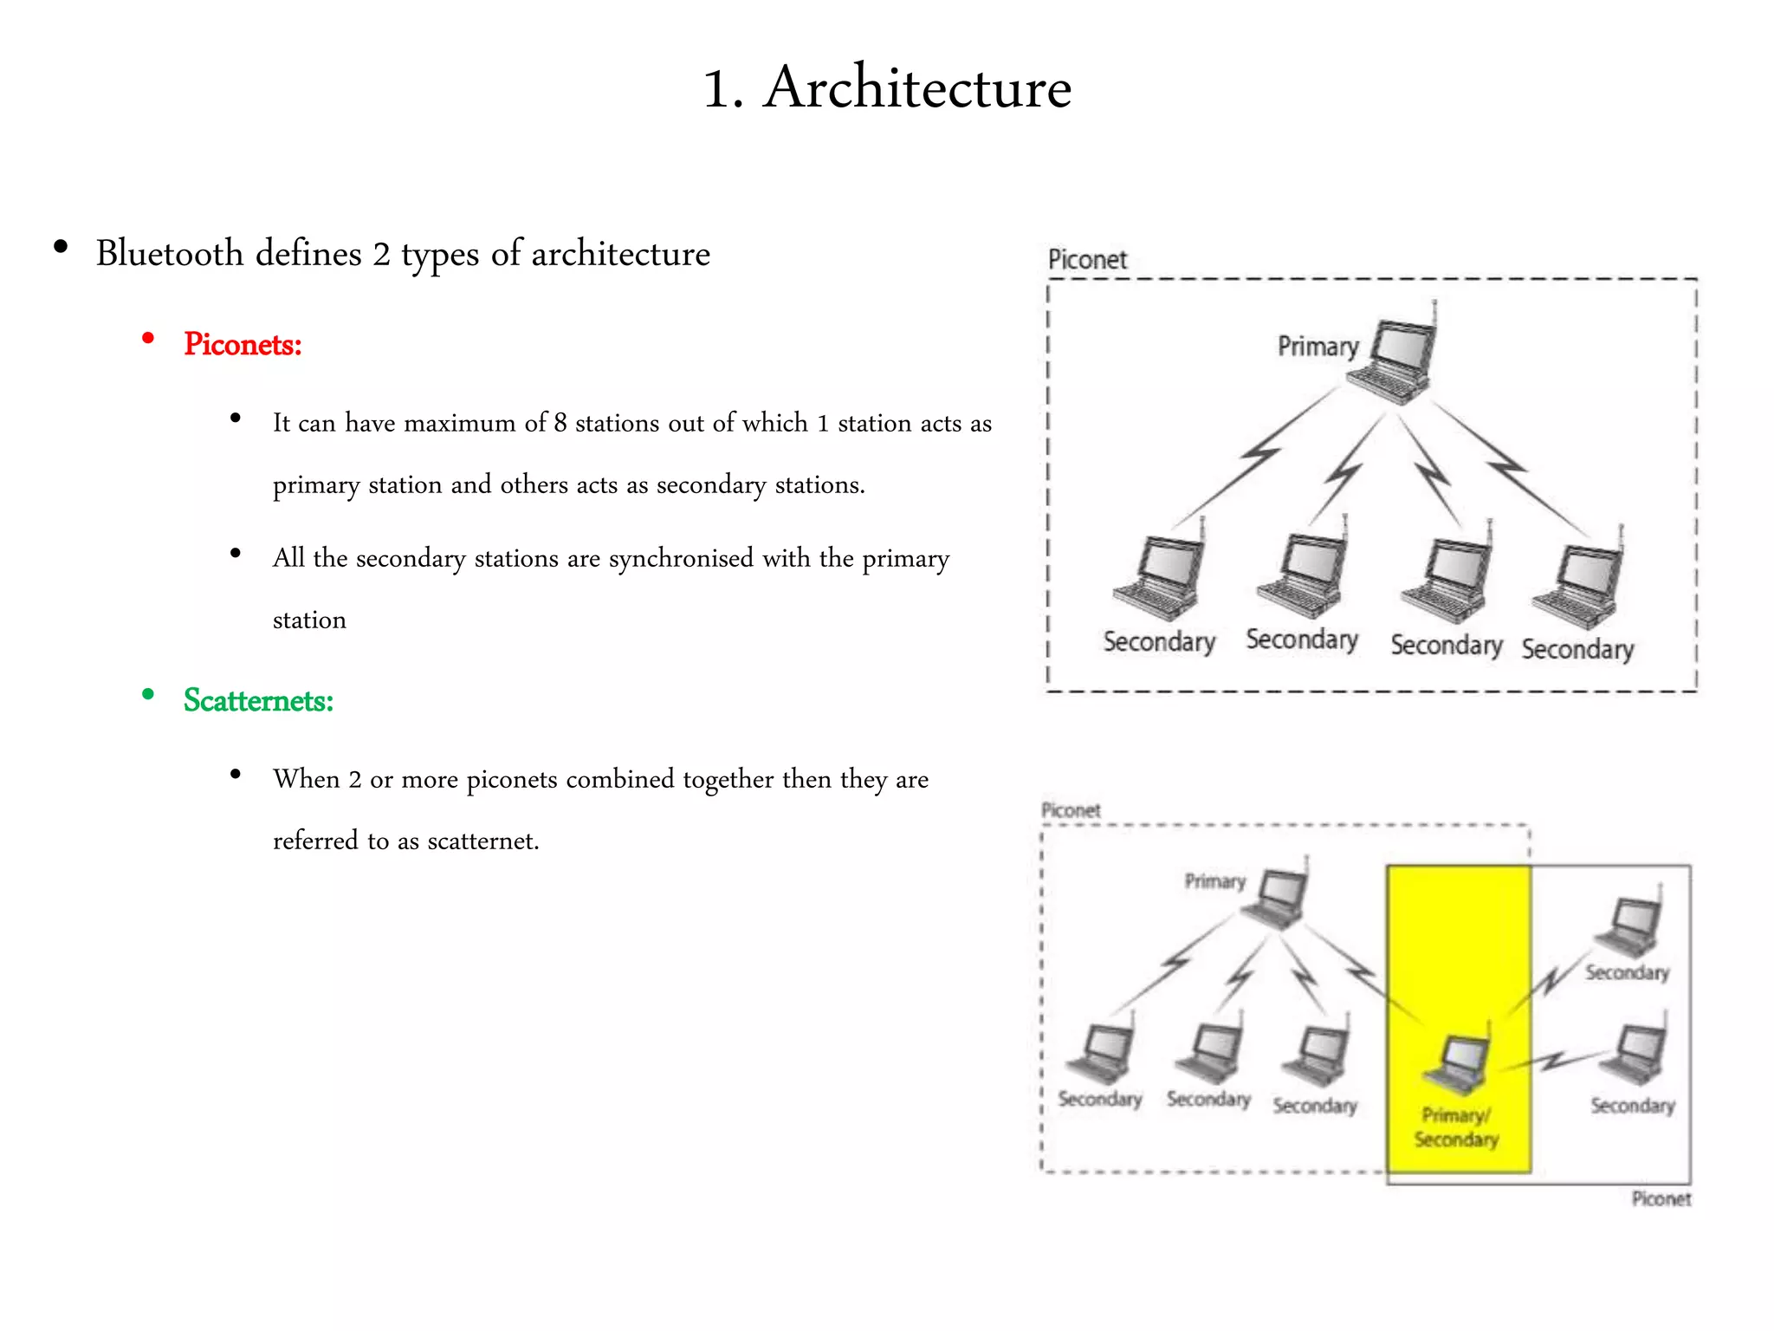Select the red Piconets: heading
[243, 345]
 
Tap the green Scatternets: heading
[258, 700]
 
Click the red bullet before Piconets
[148, 339]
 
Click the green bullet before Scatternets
[148, 694]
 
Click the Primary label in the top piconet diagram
[1318, 347]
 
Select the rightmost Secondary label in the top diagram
[1577, 649]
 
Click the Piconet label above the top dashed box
[1087, 260]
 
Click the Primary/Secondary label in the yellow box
[1456, 1127]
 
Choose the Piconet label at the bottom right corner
[1661, 1199]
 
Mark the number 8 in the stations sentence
[560, 423]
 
